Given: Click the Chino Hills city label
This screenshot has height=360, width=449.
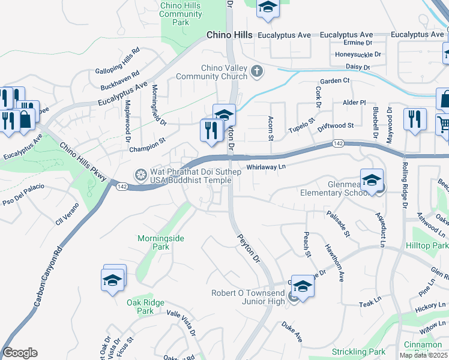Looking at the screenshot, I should pyautogui.click(x=229, y=35).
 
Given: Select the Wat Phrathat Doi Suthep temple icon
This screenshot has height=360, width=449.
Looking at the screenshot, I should pyautogui.click(x=140, y=175).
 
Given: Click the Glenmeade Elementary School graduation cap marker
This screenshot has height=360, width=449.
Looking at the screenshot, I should pyautogui.click(x=372, y=180).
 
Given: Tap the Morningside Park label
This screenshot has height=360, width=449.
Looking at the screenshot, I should pyautogui.click(x=161, y=242).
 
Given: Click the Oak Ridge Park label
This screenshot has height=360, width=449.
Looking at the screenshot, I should pyautogui.click(x=145, y=307).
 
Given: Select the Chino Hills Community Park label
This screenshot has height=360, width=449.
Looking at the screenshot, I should pyautogui.click(x=181, y=14).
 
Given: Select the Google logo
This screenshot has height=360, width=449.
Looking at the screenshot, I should pyautogui.click(x=20, y=353).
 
